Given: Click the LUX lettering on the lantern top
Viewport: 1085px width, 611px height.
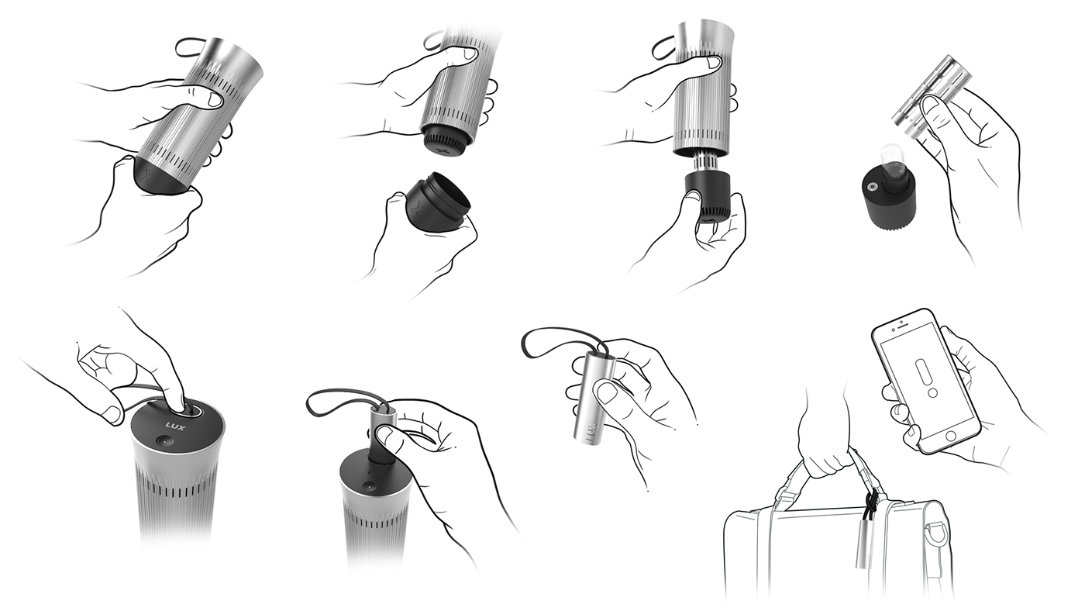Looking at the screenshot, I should [x=174, y=424].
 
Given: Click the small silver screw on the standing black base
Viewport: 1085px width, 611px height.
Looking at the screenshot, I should [x=873, y=186].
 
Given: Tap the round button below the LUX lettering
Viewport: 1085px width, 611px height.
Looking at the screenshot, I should [x=165, y=440].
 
